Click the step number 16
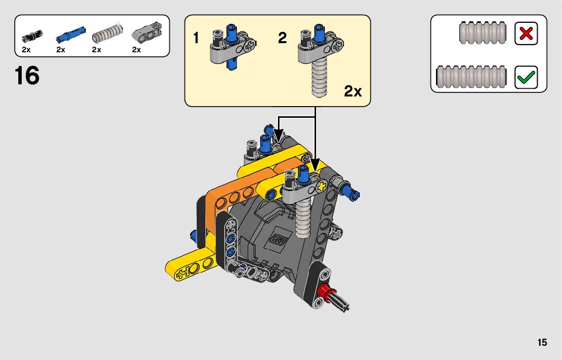tap(27, 76)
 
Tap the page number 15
tap(542, 342)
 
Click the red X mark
tap(526, 34)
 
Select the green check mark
tap(526, 77)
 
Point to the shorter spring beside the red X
tap(483, 33)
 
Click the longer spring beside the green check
tap(472, 77)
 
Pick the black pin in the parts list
tap(32, 36)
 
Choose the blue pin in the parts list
tap(71, 35)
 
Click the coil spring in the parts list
tap(108, 33)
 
